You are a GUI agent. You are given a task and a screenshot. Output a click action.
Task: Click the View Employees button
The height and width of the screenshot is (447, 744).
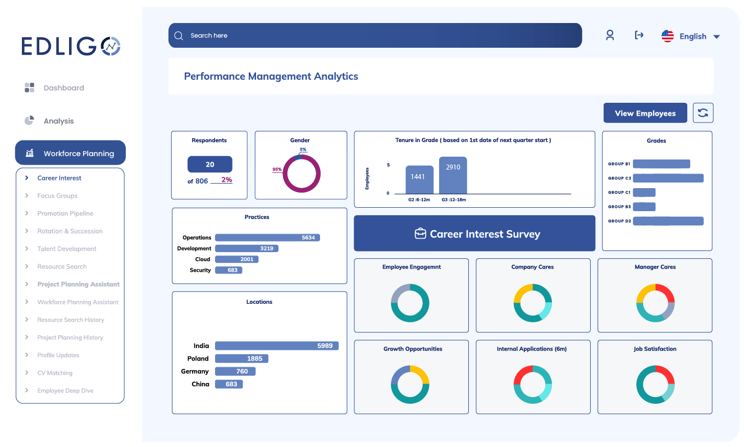(x=645, y=113)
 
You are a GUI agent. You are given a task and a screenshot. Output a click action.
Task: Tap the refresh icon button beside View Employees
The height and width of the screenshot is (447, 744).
(x=703, y=113)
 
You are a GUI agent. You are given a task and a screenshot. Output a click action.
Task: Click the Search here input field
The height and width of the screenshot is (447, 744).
(x=375, y=35)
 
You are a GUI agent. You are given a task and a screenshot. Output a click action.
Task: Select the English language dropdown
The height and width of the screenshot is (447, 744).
(x=691, y=37)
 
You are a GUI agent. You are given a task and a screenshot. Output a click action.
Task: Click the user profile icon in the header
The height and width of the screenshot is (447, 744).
(x=610, y=35)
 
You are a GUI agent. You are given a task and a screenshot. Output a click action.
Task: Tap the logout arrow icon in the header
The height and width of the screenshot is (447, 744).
(x=639, y=35)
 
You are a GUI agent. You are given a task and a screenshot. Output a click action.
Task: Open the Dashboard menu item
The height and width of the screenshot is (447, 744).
(x=63, y=88)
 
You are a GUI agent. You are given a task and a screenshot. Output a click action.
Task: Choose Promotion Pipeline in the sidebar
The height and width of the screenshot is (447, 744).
(x=65, y=213)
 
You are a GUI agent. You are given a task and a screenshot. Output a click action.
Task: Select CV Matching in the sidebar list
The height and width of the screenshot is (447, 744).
(x=55, y=373)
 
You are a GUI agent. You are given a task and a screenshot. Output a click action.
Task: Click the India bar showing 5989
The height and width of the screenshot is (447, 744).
(x=276, y=346)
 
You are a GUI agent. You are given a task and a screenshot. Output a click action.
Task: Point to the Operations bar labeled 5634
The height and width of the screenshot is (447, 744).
(x=267, y=238)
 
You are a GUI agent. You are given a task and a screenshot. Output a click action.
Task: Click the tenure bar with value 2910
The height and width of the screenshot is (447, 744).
(x=453, y=175)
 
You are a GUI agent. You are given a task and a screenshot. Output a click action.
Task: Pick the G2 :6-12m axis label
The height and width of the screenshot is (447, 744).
(x=419, y=199)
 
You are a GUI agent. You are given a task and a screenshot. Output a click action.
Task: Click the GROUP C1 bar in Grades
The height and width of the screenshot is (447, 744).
(x=644, y=192)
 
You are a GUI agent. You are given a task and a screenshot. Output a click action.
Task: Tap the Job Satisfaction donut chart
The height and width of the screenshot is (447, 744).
(x=655, y=385)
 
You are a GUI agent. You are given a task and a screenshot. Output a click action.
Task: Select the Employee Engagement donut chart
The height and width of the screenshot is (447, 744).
(x=410, y=303)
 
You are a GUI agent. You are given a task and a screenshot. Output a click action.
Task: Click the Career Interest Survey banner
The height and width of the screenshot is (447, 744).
(x=474, y=234)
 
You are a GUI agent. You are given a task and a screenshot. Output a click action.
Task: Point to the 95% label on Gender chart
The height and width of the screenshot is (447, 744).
(x=277, y=169)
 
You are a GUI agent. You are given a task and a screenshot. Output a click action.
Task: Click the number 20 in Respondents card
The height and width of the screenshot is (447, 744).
(x=209, y=165)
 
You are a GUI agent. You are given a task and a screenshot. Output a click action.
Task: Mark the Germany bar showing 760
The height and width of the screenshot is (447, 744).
(x=235, y=371)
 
